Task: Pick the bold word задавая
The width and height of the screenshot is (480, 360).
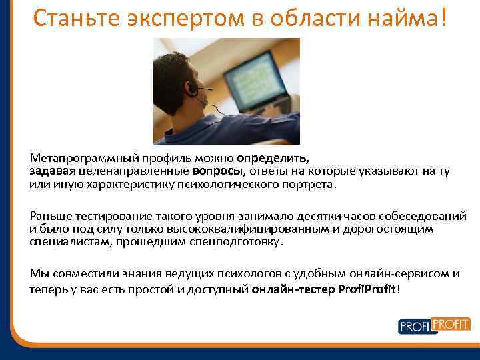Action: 51,171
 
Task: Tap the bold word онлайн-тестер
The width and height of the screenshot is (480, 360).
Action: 293,289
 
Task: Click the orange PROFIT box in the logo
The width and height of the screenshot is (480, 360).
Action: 451,324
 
